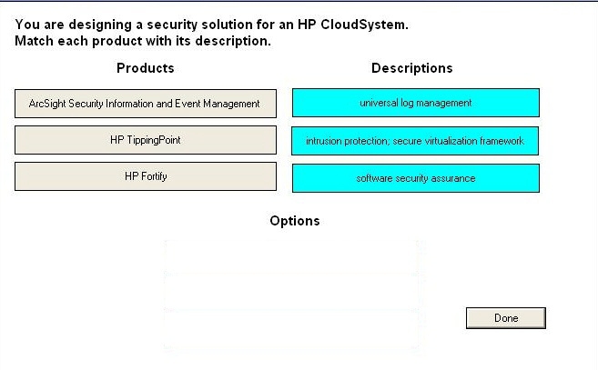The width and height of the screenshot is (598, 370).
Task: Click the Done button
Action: click(x=506, y=318)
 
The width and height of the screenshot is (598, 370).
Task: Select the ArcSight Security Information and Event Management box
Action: click(x=146, y=104)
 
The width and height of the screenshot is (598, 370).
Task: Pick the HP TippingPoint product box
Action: click(x=146, y=140)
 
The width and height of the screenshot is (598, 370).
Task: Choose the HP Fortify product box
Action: click(x=146, y=176)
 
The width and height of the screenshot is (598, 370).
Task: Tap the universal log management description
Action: click(x=416, y=103)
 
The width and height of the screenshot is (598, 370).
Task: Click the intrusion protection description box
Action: click(x=415, y=141)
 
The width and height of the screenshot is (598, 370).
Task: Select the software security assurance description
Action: click(x=416, y=178)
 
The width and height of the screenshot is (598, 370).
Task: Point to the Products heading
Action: click(x=146, y=68)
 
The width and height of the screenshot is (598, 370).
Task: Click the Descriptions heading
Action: click(x=412, y=68)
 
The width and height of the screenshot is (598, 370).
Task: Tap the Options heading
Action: click(x=295, y=221)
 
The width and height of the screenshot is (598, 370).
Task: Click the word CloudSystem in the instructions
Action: click(x=364, y=25)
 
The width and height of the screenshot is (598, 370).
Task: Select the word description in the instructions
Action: click(x=233, y=41)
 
